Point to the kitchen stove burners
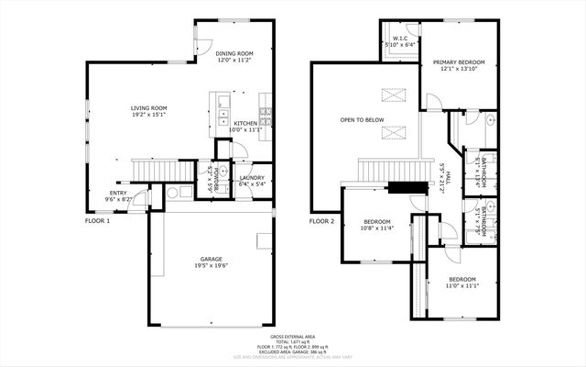pos(266,115)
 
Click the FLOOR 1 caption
pos(97,221)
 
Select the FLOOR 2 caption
pos(321,221)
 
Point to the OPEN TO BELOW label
pos(362,120)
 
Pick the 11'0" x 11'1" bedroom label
pos(461,283)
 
